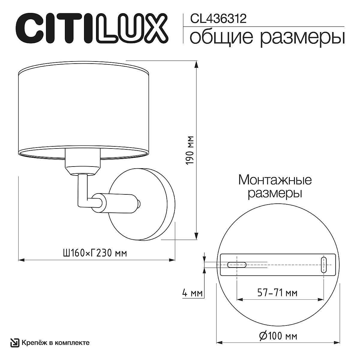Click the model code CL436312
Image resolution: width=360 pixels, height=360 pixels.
pos(218,19)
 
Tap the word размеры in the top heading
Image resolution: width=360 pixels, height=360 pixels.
pos(302,38)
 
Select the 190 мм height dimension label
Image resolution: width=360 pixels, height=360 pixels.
pos(190,150)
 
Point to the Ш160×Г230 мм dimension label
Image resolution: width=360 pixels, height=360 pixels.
pos(95,253)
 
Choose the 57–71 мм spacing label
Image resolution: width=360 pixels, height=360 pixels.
pos(277,293)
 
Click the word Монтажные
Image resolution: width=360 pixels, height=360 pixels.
pos(275,181)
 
